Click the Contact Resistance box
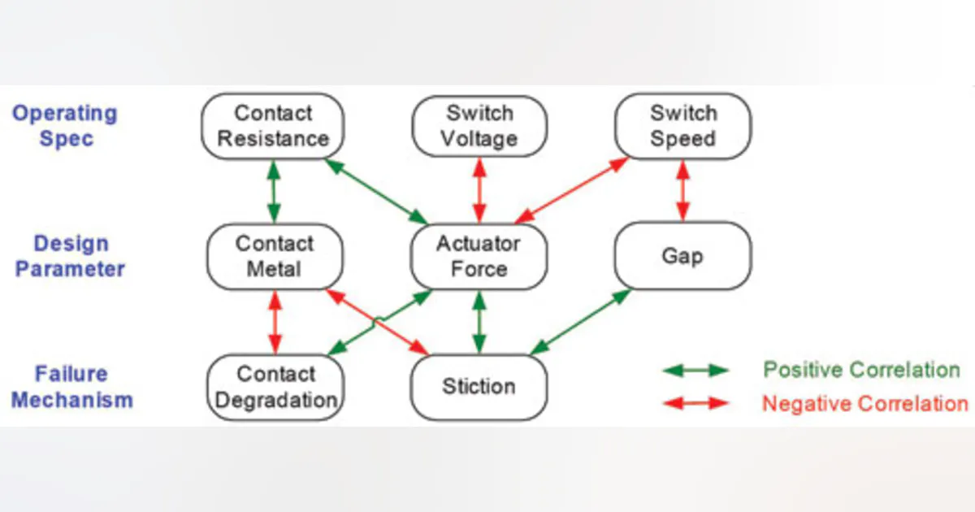tap(272, 126)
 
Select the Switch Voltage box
tap(479, 126)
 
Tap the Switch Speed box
tap(683, 126)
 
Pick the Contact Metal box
tap(274, 256)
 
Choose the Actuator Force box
tap(479, 256)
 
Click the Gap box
tap(683, 256)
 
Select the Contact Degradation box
tap(275, 387)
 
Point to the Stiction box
tap(479, 386)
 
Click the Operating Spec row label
tap(64, 126)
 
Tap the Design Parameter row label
tap(70, 256)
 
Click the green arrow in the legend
tap(696, 371)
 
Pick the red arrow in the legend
tap(696, 402)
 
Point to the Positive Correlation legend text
tap(861, 371)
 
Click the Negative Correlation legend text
tap(864, 403)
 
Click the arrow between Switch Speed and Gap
tap(683, 190)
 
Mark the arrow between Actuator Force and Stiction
tap(479, 322)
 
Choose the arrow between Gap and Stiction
tap(580, 322)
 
